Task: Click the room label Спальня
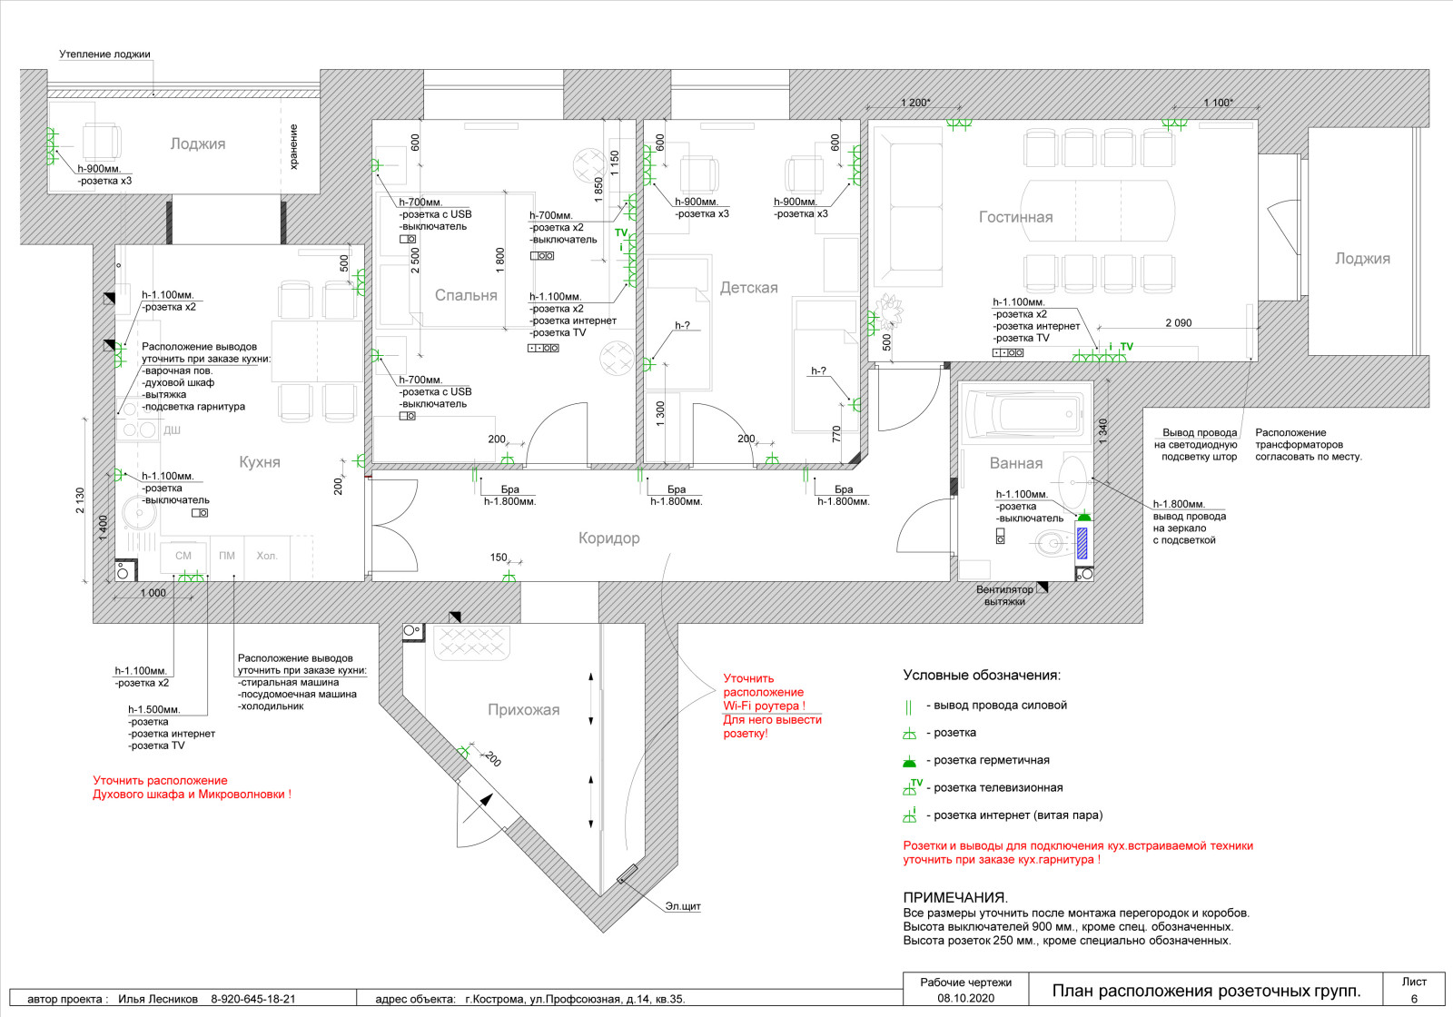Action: click(466, 295)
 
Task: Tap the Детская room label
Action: click(748, 287)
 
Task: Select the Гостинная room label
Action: click(1015, 217)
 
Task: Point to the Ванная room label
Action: click(1016, 463)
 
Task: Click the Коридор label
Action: click(608, 538)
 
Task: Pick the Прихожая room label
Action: click(523, 709)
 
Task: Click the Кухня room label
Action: click(260, 462)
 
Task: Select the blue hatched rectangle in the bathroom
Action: click(1082, 543)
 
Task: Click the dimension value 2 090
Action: click(1179, 323)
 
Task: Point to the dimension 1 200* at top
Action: click(915, 103)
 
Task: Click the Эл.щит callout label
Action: click(683, 906)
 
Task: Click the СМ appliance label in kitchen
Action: click(183, 556)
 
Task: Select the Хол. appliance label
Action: click(267, 556)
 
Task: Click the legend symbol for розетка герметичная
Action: click(909, 762)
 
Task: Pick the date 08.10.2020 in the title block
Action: click(966, 998)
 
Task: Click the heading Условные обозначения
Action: click(982, 676)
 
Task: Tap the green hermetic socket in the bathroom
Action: click(1084, 517)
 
